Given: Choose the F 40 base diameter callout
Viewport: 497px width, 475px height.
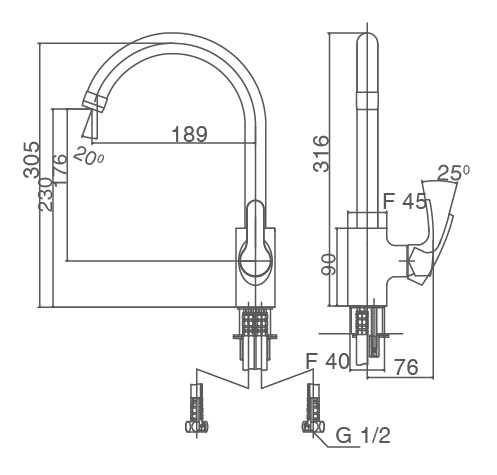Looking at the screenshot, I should (x=327, y=361).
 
